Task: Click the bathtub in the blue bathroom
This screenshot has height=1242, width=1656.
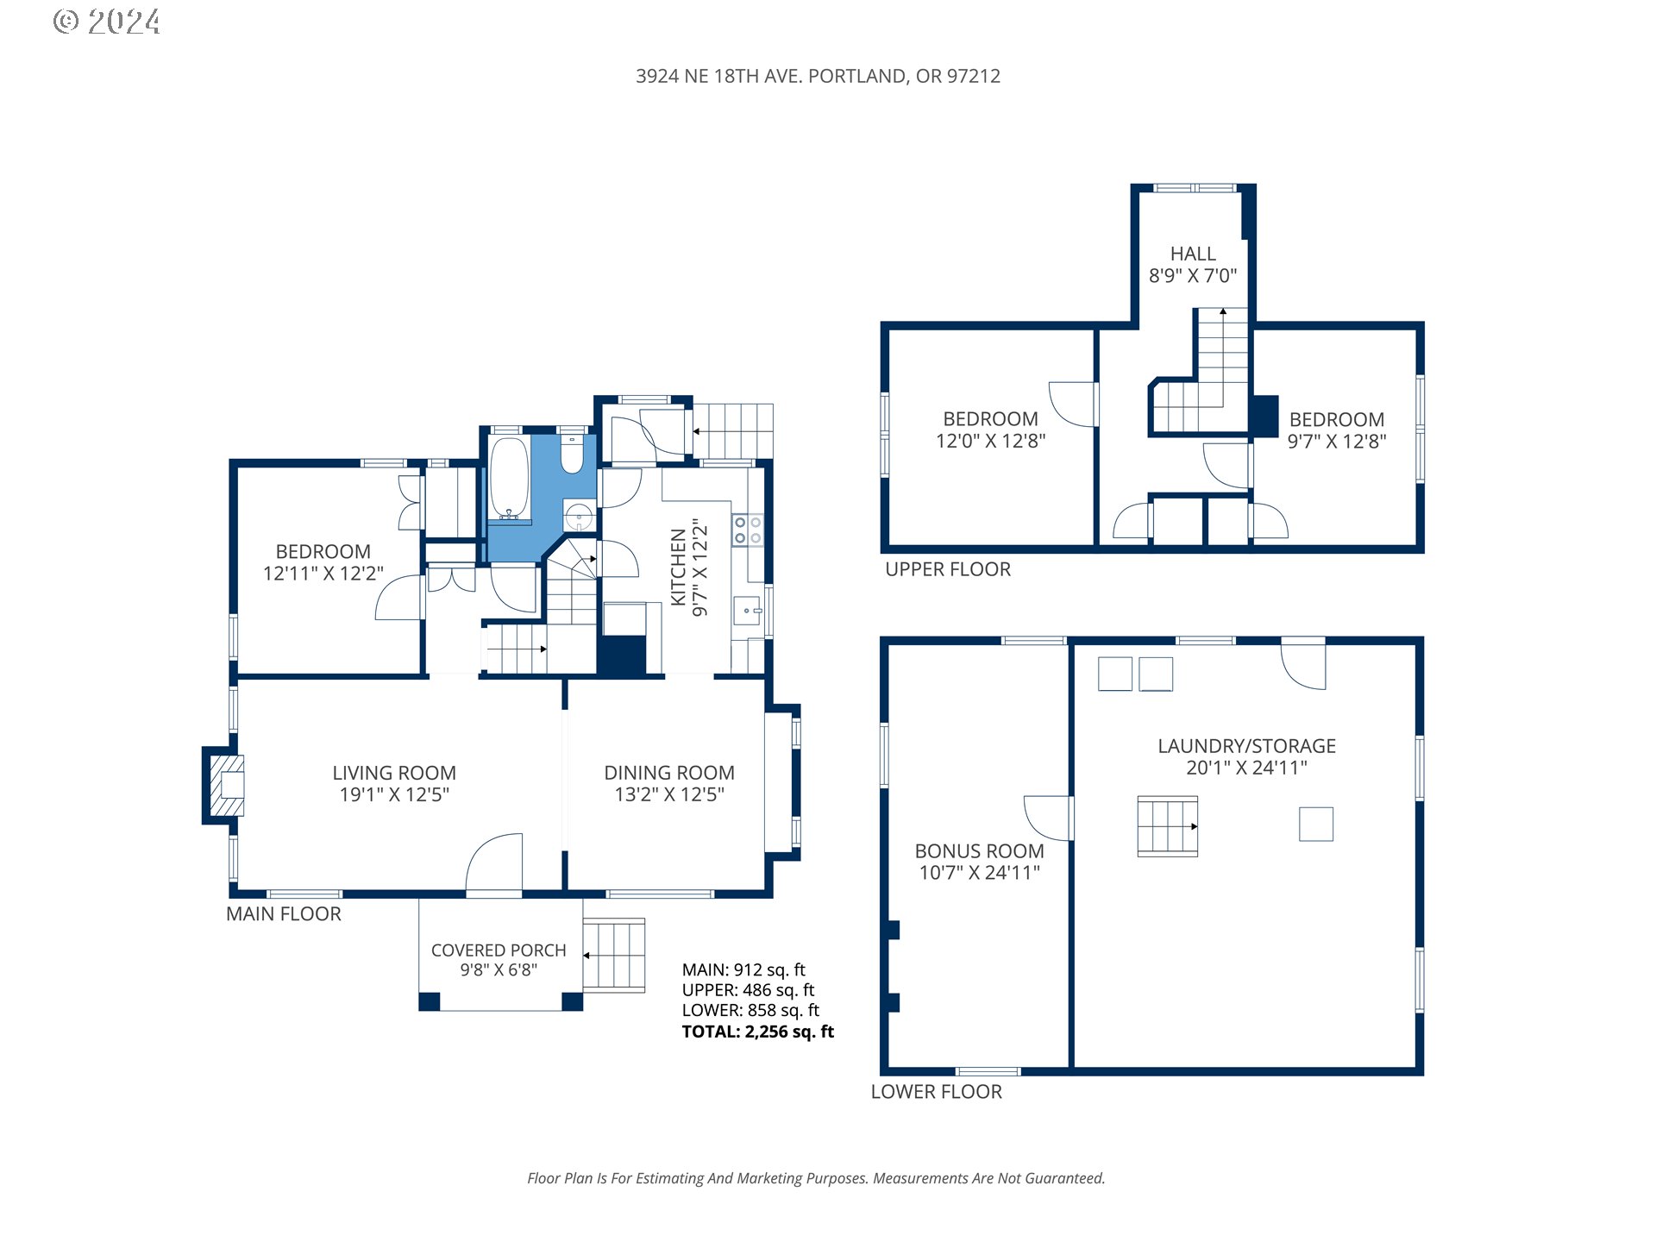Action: pyautogui.click(x=509, y=479)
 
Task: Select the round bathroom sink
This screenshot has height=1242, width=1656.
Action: pyautogui.click(x=579, y=517)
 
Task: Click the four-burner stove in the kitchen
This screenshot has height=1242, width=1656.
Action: pyautogui.click(x=747, y=530)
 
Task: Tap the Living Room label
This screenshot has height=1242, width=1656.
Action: pyautogui.click(x=394, y=773)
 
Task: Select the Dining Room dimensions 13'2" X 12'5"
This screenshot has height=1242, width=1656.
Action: pyautogui.click(x=669, y=794)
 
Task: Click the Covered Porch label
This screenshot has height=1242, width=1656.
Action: pyautogui.click(x=499, y=950)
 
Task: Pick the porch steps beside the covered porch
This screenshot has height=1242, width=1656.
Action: pyautogui.click(x=614, y=956)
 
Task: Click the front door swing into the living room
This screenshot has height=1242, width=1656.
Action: pyautogui.click(x=494, y=863)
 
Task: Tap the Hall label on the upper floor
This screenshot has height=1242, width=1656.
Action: pyautogui.click(x=1193, y=254)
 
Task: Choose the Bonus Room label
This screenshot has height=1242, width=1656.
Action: pyautogui.click(x=979, y=850)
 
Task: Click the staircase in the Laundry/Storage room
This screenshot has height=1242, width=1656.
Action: pyautogui.click(x=1167, y=826)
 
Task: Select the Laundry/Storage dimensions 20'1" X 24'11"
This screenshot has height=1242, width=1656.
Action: pyautogui.click(x=1246, y=768)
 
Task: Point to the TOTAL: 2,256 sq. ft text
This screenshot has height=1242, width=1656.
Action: pyautogui.click(x=758, y=1032)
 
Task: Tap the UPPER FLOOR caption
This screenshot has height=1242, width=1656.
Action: pyautogui.click(x=948, y=569)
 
